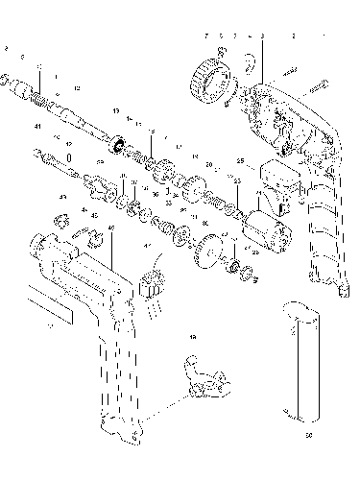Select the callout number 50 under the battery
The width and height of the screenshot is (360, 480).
308,434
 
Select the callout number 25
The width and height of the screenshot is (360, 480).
241,160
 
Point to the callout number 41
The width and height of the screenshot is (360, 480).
37,127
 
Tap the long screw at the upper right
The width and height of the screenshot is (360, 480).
317,84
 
